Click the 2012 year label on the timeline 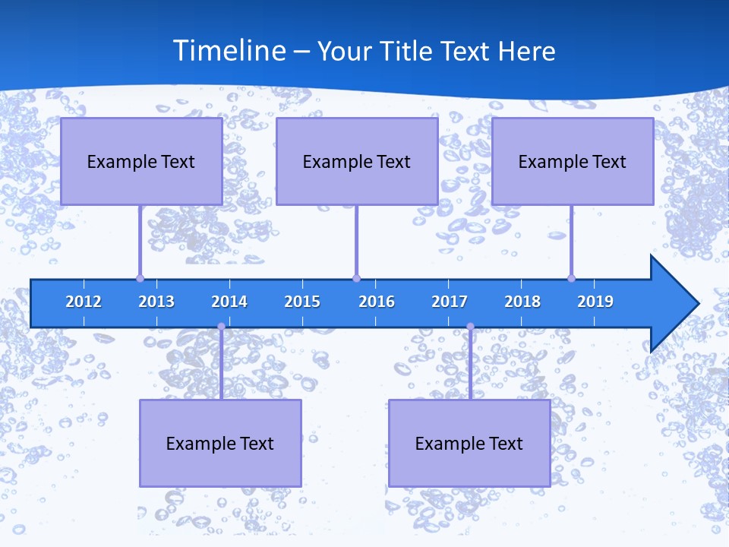(84, 302)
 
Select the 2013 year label (156, 302)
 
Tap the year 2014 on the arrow (229, 302)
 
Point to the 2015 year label (302, 302)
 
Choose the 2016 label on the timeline (377, 302)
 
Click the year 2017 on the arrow (450, 302)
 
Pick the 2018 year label (522, 302)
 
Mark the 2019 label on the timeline (595, 302)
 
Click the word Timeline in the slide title (229, 51)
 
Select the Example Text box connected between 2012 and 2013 (141, 161)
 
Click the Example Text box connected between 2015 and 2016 (357, 161)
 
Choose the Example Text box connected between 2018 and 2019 (573, 161)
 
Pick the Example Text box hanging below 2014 (220, 443)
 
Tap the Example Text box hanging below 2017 (469, 443)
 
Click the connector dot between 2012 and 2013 (140, 278)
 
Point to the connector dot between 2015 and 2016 (356, 278)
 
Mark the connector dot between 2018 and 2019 (571, 278)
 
